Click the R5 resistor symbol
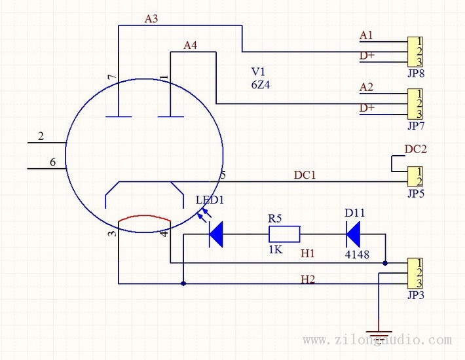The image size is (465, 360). pos(284,234)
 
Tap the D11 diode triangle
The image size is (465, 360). pos(353,234)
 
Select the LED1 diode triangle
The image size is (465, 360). pos(216,234)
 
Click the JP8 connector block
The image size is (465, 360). pos(415,52)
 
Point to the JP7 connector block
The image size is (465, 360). pos(415,103)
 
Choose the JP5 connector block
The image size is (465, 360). pos(415,176)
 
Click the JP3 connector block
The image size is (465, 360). pos(415,273)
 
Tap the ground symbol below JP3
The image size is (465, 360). pos(379,334)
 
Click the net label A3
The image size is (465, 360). pos(151,19)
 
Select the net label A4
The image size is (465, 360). pos(190,45)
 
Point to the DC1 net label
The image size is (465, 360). pos(305,175)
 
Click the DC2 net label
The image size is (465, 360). pos(416,149)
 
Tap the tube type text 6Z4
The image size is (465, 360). pos(261,85)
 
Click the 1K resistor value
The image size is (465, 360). pos(276,250)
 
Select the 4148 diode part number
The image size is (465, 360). pos(357,255)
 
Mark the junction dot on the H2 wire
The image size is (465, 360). pos(183,283)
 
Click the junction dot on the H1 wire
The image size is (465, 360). pos(385,263)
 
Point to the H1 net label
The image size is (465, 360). pos(308,253)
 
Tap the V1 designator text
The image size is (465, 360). pos(258,72)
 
